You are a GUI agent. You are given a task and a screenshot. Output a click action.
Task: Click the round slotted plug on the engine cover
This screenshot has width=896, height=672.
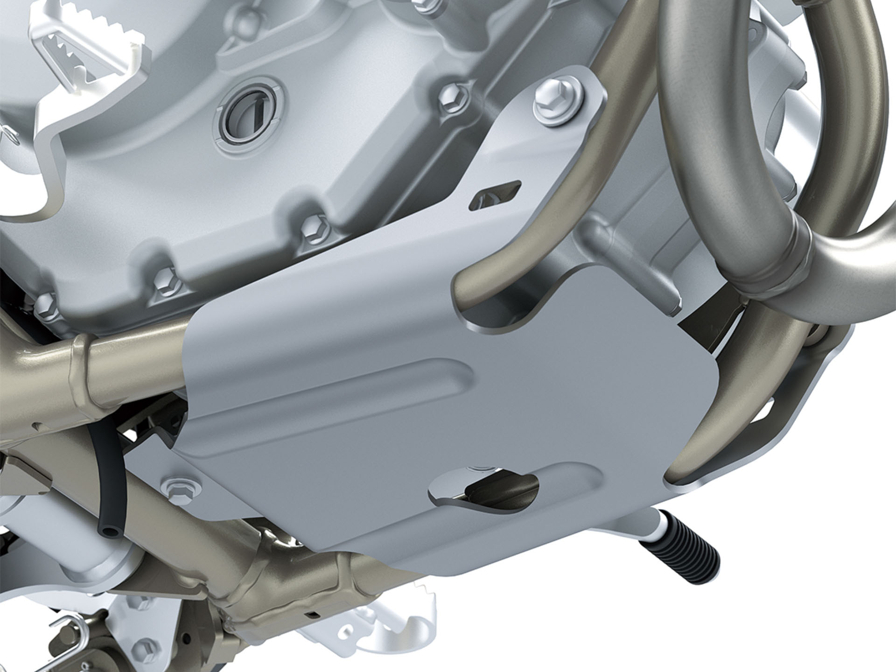pos(249,117)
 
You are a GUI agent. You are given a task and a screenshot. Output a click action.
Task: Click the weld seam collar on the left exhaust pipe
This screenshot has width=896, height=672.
pos(77,359)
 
